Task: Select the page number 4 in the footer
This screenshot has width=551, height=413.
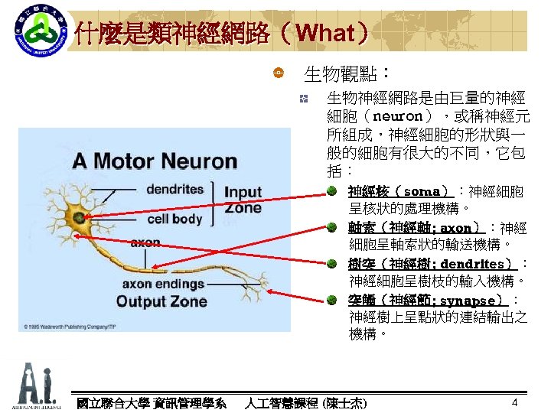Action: pyautogui.click(x=514, y=402)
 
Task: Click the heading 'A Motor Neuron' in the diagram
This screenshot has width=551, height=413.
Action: pyautogui.click(x=155, y=161)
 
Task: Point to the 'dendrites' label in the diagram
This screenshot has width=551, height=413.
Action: pyautogui.click(x=174, y=189)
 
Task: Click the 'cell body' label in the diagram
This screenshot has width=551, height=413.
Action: pyautogui.click(x=174, y=219)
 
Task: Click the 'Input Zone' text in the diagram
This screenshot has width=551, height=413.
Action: pyautogui.click(x=243, y=200)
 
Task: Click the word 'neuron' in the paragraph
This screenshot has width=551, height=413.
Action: pyautogui.click(x=396, y=117)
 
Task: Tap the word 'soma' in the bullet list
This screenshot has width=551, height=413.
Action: pyautogui.click(x=422, y=191)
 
